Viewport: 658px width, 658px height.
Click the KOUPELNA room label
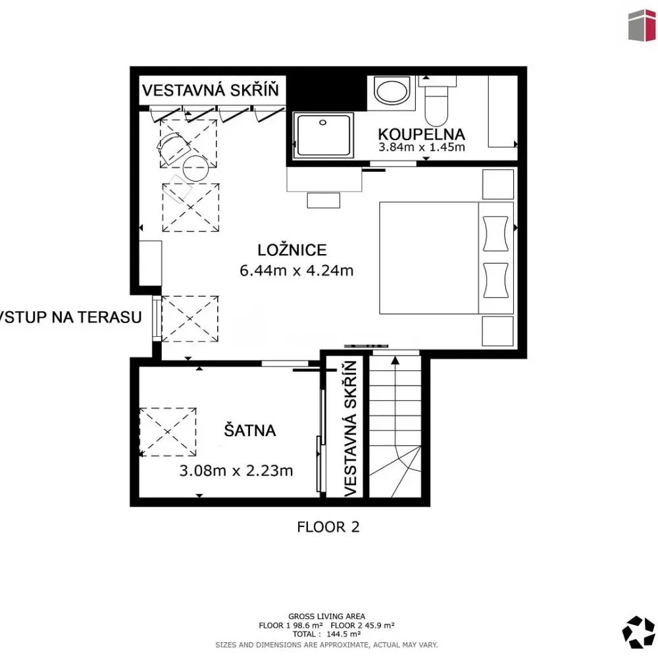click(x=421, y=134)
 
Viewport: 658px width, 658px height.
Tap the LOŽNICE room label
click(x=292, y=250)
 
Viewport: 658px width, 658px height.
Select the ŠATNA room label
click(x=249, y=430)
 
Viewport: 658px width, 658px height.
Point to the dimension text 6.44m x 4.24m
click(x=296, y=270)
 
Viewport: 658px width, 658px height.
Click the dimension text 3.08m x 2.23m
click(x=236, y=470)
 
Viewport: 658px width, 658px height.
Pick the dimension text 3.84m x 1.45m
click(x=421, y=147)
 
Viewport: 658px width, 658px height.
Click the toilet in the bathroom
click(x=436, y=101)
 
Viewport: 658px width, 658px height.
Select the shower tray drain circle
click(x=322, y=122)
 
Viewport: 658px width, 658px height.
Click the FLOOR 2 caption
click(x=328, y=526)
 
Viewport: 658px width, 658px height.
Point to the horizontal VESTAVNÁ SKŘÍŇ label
click(x=211, y=89)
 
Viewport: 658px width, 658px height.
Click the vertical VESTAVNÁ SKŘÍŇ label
click(x=350, y=428)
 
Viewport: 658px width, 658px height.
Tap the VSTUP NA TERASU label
click(x=70, y=317)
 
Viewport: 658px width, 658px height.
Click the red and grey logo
click(x=642, y=25)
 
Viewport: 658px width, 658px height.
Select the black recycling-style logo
click(x=638, y=632)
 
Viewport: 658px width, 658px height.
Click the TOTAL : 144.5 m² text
click(x=326, y=634)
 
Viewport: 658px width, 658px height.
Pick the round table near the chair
click(x=195, y=168)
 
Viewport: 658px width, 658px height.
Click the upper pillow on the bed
click(x=495, y=234)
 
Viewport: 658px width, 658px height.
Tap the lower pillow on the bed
click(x=495, y=280)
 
